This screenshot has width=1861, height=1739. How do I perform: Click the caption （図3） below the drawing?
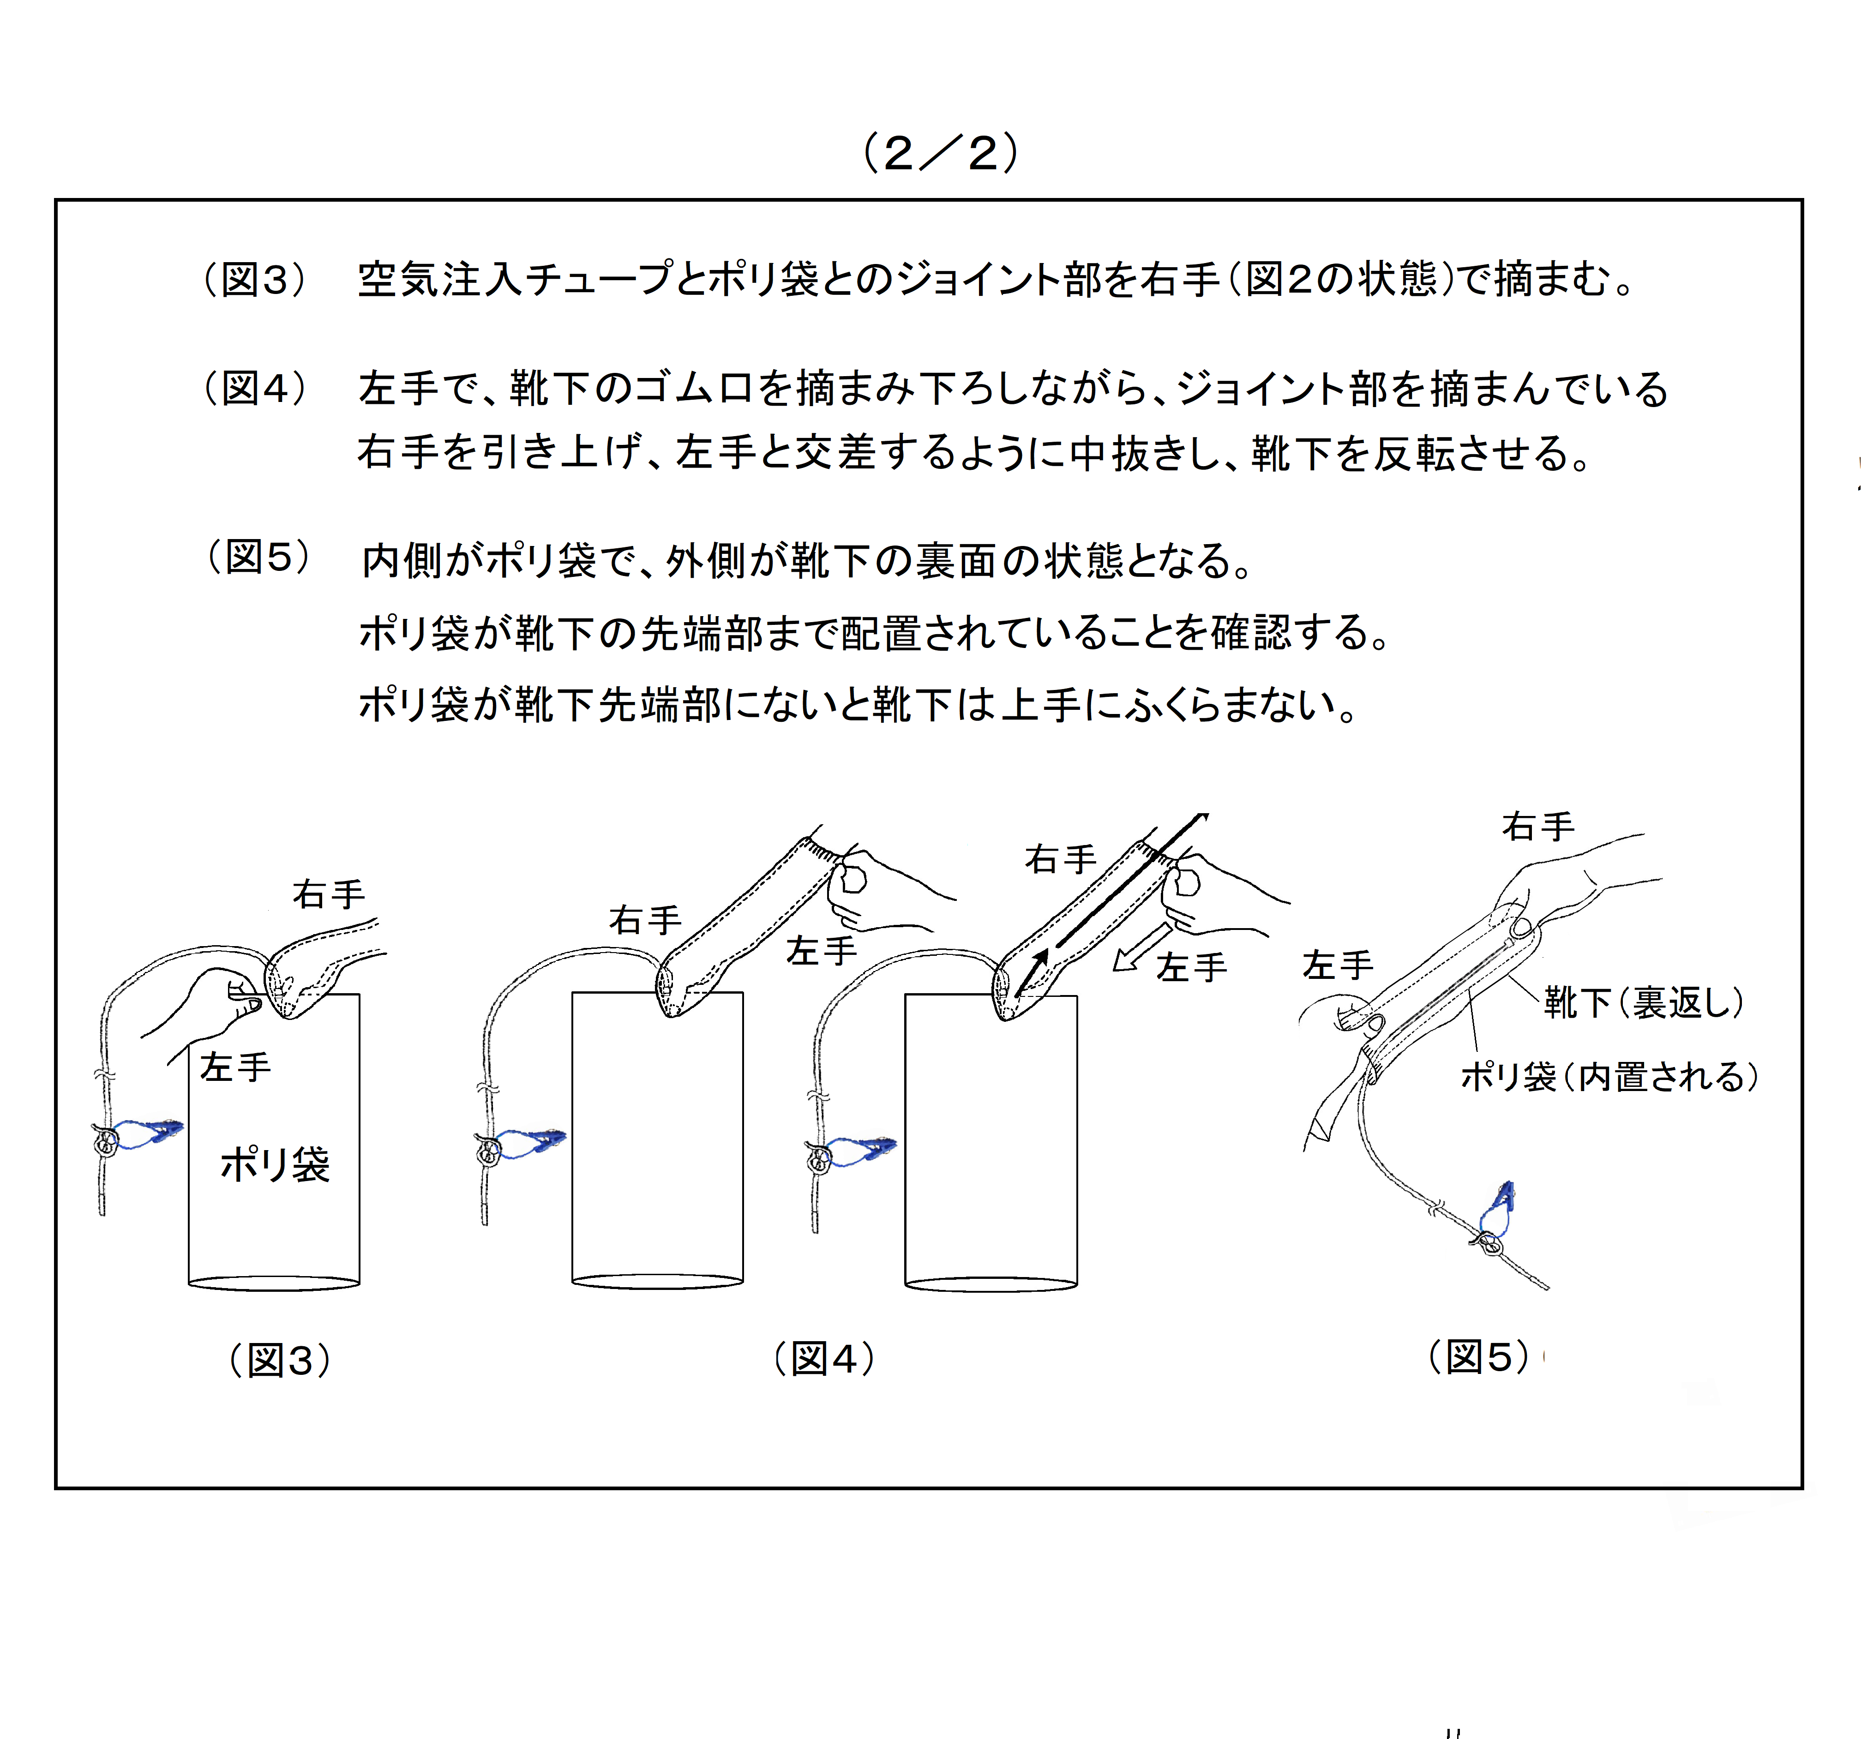click(x=280, y=1360)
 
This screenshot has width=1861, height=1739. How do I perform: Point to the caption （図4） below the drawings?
click(x=824, y=1358)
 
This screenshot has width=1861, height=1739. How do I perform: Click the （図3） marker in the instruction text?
click(x=255, y=279)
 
